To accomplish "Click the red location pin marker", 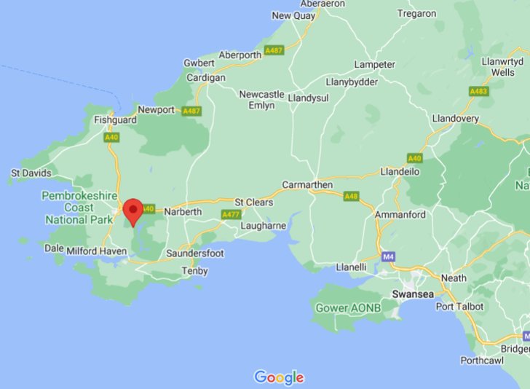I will [132, 210].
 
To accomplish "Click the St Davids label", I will [31, 173].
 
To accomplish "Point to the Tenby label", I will [194, 271].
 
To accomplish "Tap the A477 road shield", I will [231, 214].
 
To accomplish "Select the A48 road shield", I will [352, 196].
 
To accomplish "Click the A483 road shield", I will [478, 91].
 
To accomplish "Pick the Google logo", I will [279, 377].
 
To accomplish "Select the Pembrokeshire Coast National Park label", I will [77, 207].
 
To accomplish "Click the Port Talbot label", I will [459, 307].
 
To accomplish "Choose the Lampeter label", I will [373, 64].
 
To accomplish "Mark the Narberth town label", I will [181, 211].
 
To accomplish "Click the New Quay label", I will [291, 15].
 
